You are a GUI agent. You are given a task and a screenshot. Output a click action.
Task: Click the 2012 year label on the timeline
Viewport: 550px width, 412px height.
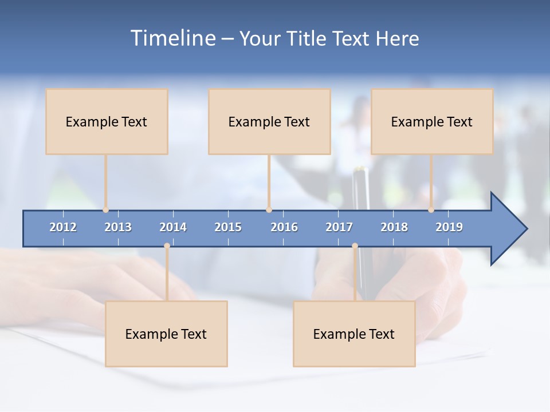[x=63, y=227]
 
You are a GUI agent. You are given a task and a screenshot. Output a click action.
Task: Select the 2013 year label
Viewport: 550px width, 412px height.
[x=118, y=227]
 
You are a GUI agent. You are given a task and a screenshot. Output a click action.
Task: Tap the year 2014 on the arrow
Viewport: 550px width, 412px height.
[x=173, y=227]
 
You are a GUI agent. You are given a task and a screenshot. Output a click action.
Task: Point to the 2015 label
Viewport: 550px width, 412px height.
[x=228, y=227]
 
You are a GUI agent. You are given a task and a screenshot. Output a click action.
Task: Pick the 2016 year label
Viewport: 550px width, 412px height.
[x=284, y=227]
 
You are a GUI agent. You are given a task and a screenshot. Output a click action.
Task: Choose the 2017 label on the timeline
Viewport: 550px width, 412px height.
[x=339, y=227]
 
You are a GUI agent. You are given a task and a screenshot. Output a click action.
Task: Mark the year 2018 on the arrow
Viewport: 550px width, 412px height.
[x=394, y=227]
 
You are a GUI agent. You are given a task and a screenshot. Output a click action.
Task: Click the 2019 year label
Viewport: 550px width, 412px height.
[x=449, y=227]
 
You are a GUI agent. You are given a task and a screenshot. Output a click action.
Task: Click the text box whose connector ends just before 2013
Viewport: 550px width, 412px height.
[x=107, y=121]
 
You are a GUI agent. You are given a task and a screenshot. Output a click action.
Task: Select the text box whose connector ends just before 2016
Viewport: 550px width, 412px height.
[x=269, y=121]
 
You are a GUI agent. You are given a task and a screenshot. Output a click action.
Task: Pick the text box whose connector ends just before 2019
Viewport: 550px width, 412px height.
[x=432, y=121]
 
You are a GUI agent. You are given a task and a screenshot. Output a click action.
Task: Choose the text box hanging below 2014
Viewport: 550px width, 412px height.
[x=166, y=334]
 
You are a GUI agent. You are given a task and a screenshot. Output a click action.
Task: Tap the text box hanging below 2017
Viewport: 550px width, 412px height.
[x=354, y=334]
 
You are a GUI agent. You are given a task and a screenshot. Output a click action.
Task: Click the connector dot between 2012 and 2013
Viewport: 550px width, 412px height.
[x=105, y=210]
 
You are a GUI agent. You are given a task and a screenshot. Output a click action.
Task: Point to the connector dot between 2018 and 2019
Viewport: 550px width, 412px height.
[x=431, y=210]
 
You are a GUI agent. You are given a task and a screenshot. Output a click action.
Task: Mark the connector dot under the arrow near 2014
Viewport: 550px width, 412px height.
[x=167, y=246]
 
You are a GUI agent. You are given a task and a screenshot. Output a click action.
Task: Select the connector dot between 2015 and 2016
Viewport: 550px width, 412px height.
[x=269, y=210]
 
